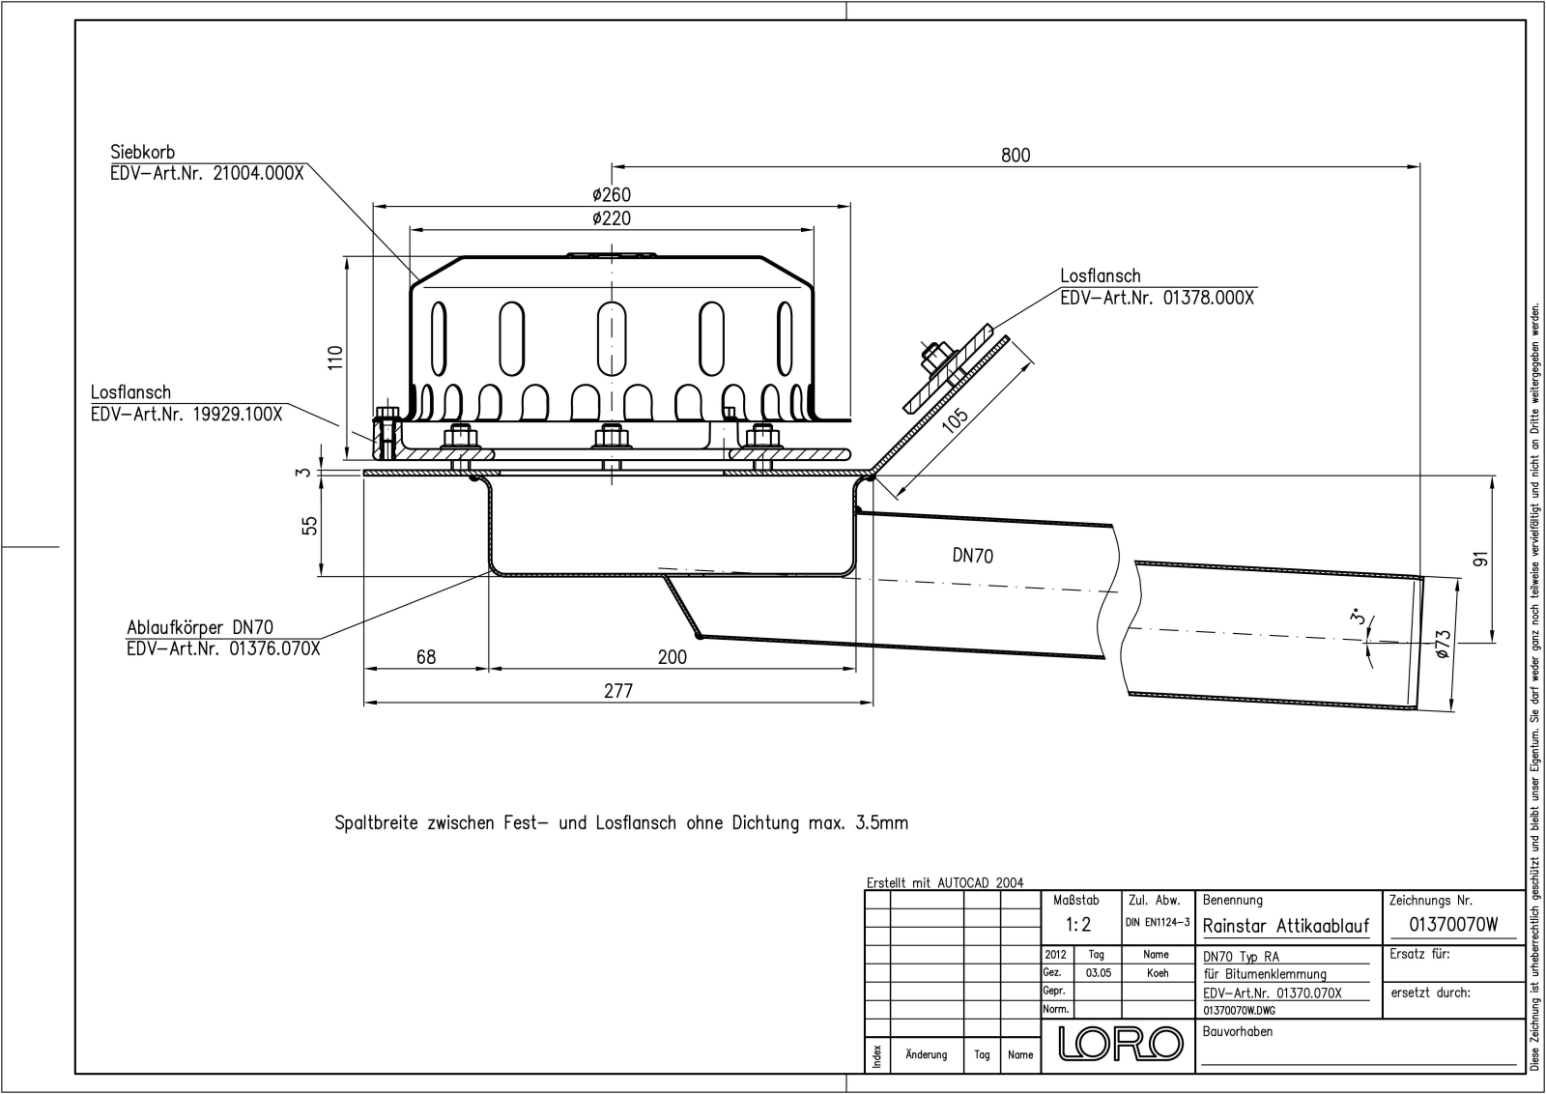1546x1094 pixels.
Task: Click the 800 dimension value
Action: coord(1016,156)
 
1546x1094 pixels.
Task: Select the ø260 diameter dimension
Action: coord(612,195)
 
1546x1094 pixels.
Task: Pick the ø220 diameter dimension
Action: coord(612,219)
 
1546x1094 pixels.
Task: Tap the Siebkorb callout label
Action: coord(143,153)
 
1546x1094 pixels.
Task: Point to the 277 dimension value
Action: coord(617,690)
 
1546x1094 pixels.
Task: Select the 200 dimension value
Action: coord(672,657)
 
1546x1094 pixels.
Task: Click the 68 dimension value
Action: coord(425,657)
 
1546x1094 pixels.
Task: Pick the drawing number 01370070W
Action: coord(1453,924)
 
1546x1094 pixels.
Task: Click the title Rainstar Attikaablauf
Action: coord(1286,926)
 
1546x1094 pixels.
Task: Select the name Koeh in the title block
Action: coord(1158,973)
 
